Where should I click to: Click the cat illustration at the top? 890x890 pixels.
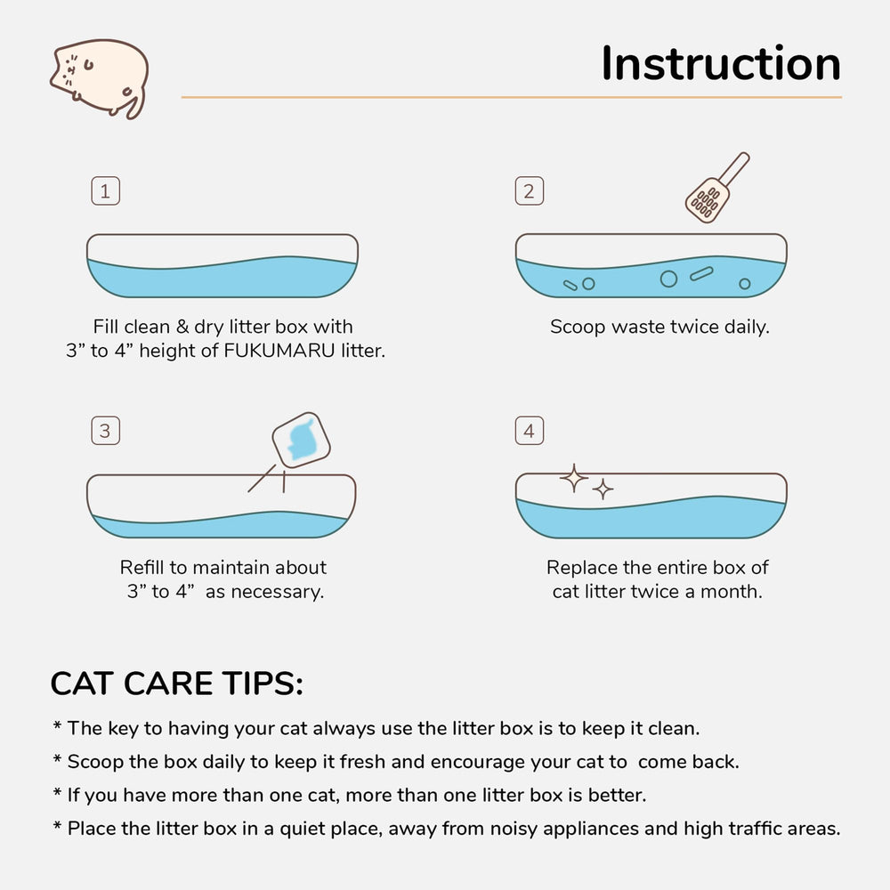(x=100, y=77)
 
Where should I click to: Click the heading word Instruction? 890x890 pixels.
(x=721, y=63)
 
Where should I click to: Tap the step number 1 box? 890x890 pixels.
(x=106, y=190)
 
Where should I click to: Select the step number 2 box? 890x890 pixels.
(x=529, y=190)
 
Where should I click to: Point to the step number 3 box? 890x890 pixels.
(x=106, y=431)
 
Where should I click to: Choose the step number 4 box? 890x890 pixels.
(x=529, y=431)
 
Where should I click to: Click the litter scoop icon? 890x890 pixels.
(x=716, y=188)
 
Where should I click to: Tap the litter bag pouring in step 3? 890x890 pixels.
(x=302, y=441)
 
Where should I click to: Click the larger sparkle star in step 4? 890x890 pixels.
(x=574, y=478)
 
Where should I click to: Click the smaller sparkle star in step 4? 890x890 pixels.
(x=603, y=489)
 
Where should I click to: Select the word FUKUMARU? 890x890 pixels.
(x=279, y=351)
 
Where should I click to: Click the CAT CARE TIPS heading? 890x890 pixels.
(x=176, y=683)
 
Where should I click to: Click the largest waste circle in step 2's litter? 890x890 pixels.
(x=668, y=279)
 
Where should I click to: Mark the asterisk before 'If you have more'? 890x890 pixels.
(x=57, y=791)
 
